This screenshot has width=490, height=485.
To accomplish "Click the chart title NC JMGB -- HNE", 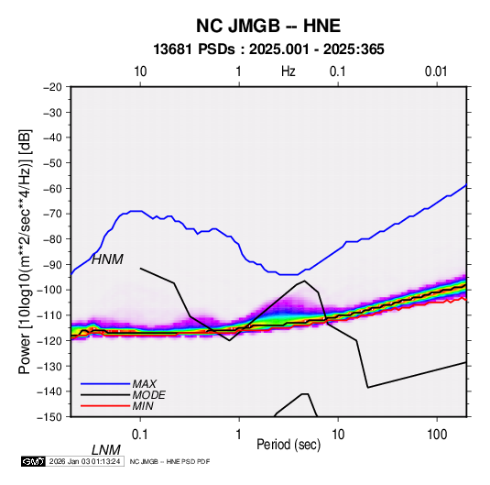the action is [x=268, y=26].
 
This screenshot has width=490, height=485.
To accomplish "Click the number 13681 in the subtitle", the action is [x=172, y=50].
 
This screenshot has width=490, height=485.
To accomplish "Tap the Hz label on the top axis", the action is [x=289, y=72].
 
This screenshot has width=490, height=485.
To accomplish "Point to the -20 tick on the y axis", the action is [x=52, y=87].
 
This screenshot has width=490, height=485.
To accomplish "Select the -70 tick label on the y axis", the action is [x=52, y=214].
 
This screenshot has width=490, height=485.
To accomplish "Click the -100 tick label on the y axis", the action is [x=49, y=290].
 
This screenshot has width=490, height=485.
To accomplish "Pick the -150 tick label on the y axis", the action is [x=49, y=417].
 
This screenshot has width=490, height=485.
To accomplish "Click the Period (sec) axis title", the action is [x=289, y=444].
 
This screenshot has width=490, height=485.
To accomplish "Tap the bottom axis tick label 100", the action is [x=437, y=435].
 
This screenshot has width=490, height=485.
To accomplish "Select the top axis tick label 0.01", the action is [x=436, y=72].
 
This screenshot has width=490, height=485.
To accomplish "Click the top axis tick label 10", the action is [x=140, y=72].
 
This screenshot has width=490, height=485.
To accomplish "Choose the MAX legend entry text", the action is [x=144, y=383].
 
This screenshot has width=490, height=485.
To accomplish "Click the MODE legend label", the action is [x=148, y=395].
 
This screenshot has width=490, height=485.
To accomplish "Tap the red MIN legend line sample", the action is [x=105, y=406].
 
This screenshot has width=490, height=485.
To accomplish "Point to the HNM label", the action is [x=107, y=259].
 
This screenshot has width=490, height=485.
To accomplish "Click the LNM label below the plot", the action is [x=105, y=450].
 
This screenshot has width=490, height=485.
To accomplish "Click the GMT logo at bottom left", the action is [x=34, y=461].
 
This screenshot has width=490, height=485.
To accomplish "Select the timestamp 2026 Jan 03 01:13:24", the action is [x=84, y=461].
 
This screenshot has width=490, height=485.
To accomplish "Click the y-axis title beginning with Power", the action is [x=25, y=252].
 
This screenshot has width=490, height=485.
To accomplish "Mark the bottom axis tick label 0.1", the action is [x=140, y=435].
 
